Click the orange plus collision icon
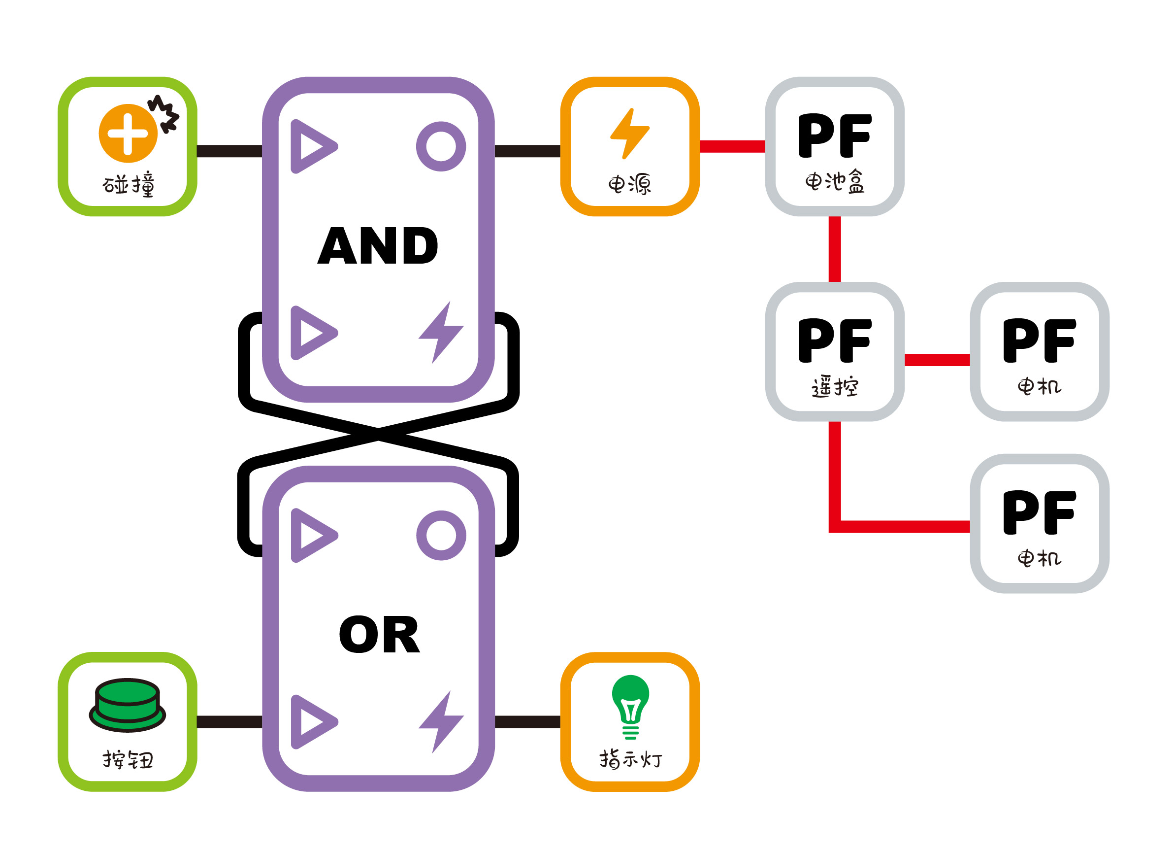tap(128, 134)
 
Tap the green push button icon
tap(128, 705)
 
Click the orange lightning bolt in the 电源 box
tap(629, 134)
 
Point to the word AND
tap(378, 246)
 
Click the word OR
tap(379, 635)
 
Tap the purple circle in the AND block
tap(441, 146)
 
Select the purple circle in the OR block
tap(441, 536)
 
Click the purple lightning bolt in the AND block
tap(441, 332)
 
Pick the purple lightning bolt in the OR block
tap(441, 721)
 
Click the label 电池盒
tap(834, 182)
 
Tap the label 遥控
tap(834, 387)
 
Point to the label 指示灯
tap(630, 759)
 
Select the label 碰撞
tap(128, 184)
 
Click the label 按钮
tap(128, 760)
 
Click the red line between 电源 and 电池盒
tap(732, 146)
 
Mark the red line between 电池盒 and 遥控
tap(834, 249)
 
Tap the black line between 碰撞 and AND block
tap(229, 151)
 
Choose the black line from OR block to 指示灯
tap(527, 722)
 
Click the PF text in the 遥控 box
tap(834, 340)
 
